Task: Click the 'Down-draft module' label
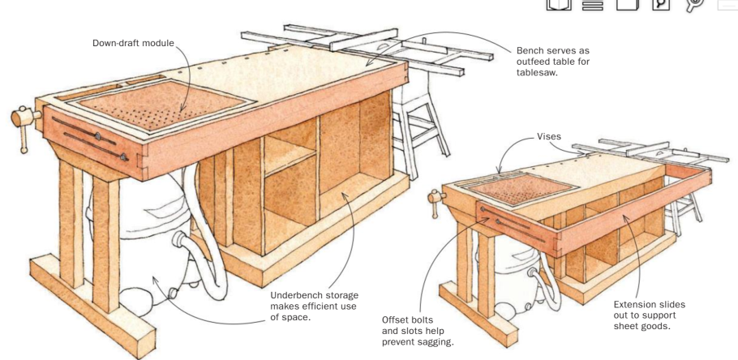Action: click(133, 43)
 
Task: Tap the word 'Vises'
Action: click(549, 136)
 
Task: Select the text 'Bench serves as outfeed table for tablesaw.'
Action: click(552, 62)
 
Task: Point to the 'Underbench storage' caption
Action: click(315, 306)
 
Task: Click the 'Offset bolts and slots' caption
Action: click(418, 332)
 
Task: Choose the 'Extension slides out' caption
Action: click(650, 315)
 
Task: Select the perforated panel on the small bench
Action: click(522, 188)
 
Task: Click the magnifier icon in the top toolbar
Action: click(660, 4)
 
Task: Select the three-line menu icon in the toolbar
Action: click(592, 5)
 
